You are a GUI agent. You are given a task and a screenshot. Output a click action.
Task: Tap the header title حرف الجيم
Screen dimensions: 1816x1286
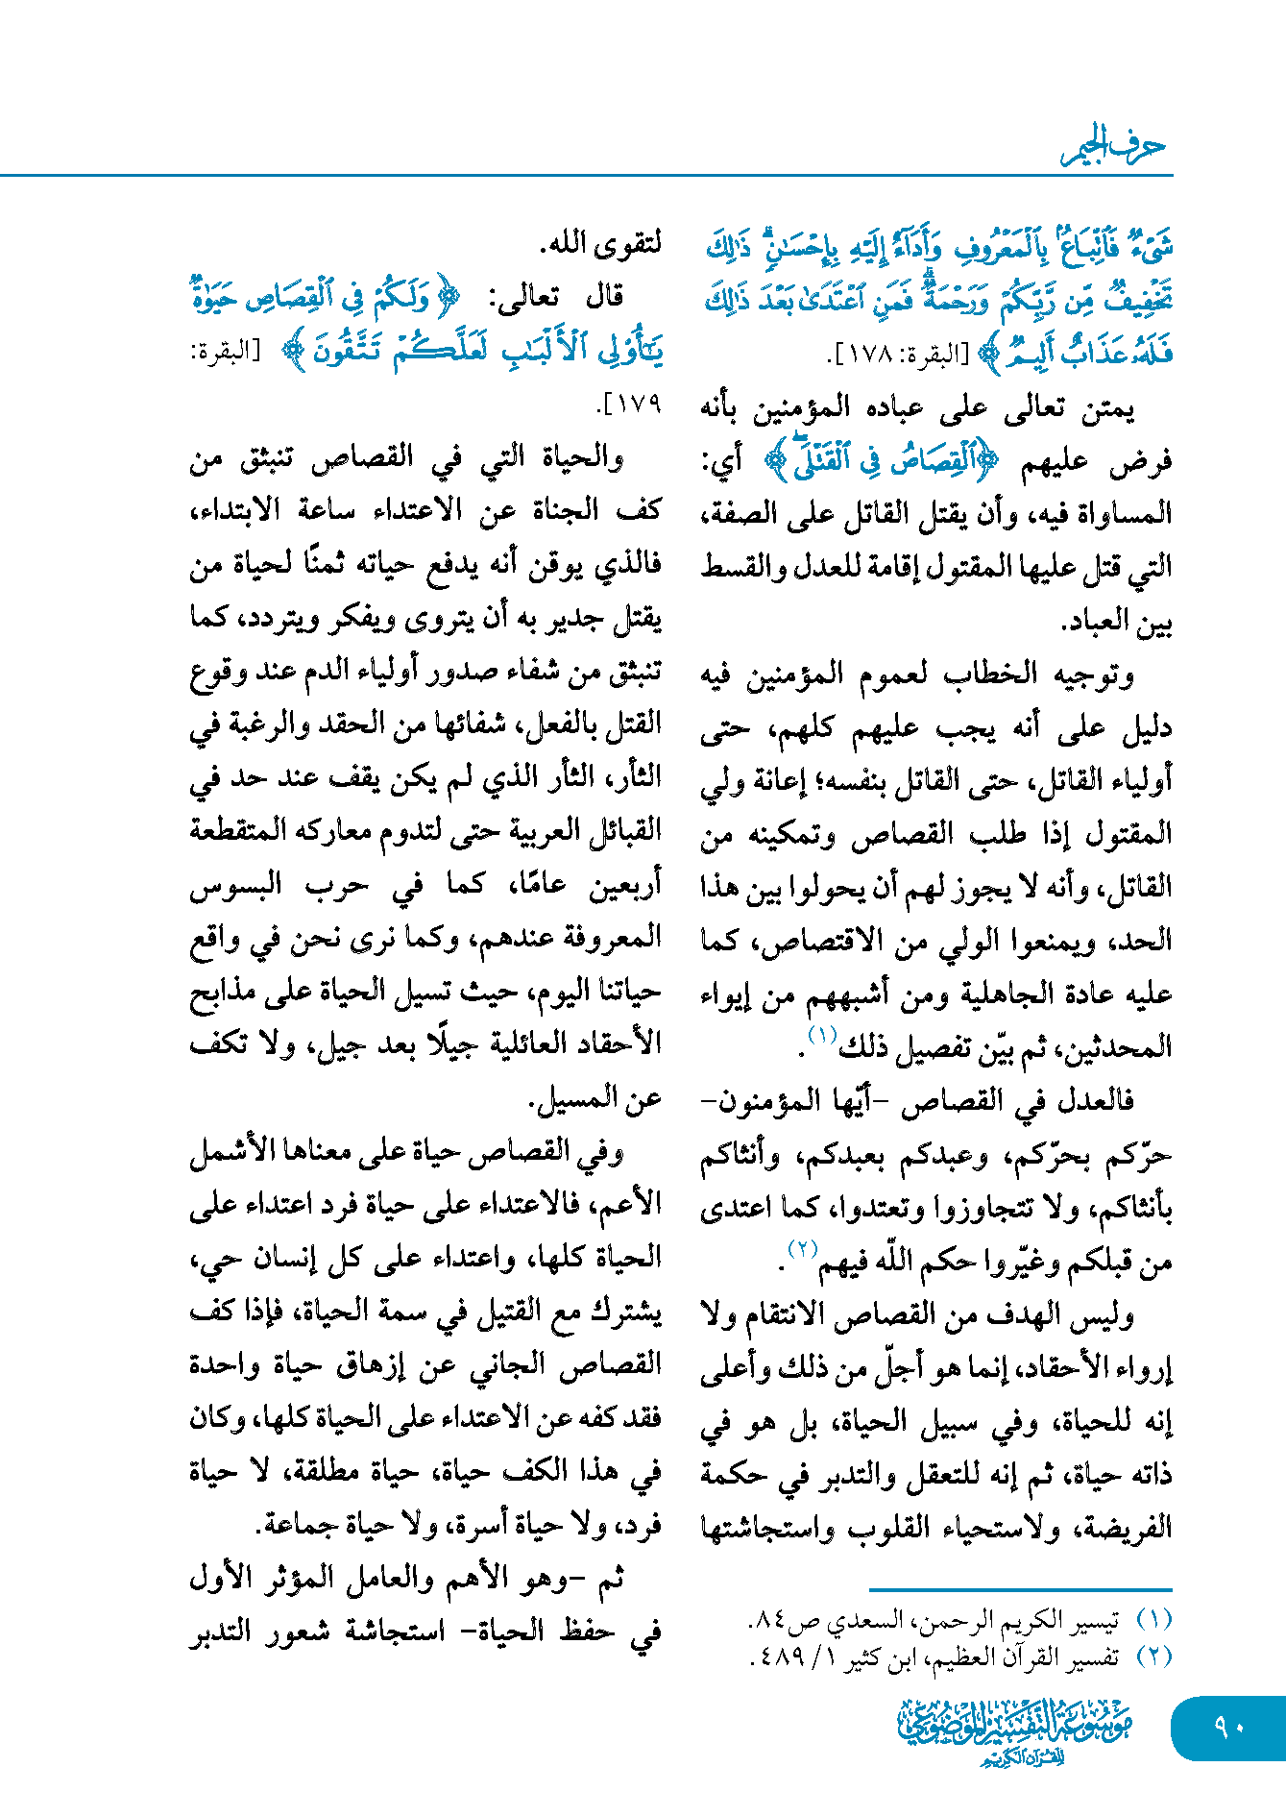(x=1114, y=146)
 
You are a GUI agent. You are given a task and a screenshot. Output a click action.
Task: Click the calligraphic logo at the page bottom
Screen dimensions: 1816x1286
(x=1016, y=1730)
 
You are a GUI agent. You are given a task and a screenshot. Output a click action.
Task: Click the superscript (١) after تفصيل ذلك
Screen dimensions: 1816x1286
(x=823, y=1035)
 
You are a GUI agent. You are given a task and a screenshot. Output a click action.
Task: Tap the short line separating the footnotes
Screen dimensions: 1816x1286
(x=1020, y=1590)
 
